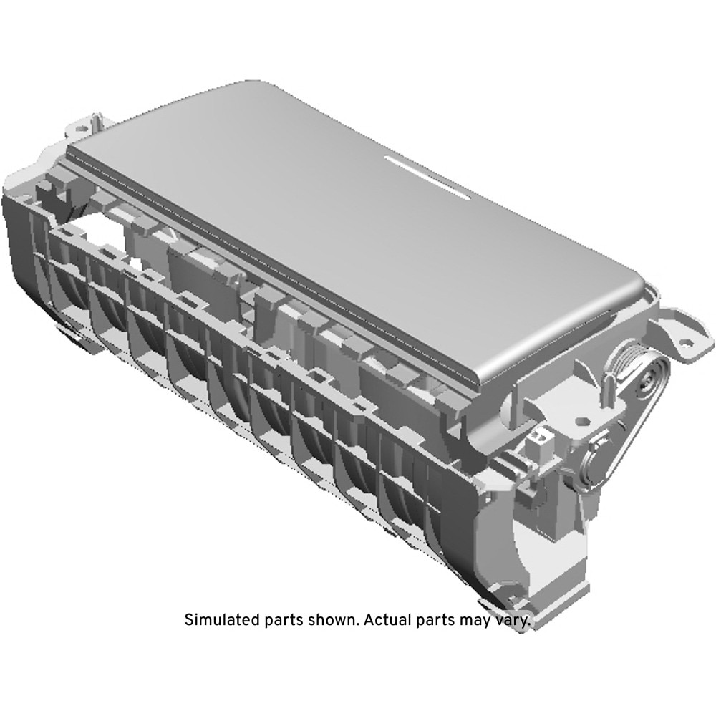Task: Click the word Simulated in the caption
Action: point(223,619)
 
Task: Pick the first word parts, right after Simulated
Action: point(284,621)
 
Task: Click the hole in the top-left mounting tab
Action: point(82,128)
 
